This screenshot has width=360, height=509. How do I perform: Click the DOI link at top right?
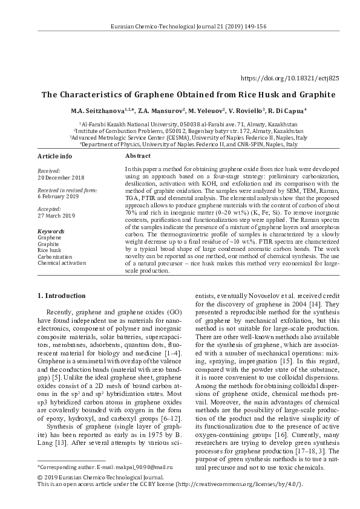(290, 79)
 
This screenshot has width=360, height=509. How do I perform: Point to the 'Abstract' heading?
(137, 156)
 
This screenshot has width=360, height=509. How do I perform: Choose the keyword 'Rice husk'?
(49, 250)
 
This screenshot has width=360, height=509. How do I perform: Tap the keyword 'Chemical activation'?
(62, 263)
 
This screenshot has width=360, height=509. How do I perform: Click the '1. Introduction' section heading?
(62, 296)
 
